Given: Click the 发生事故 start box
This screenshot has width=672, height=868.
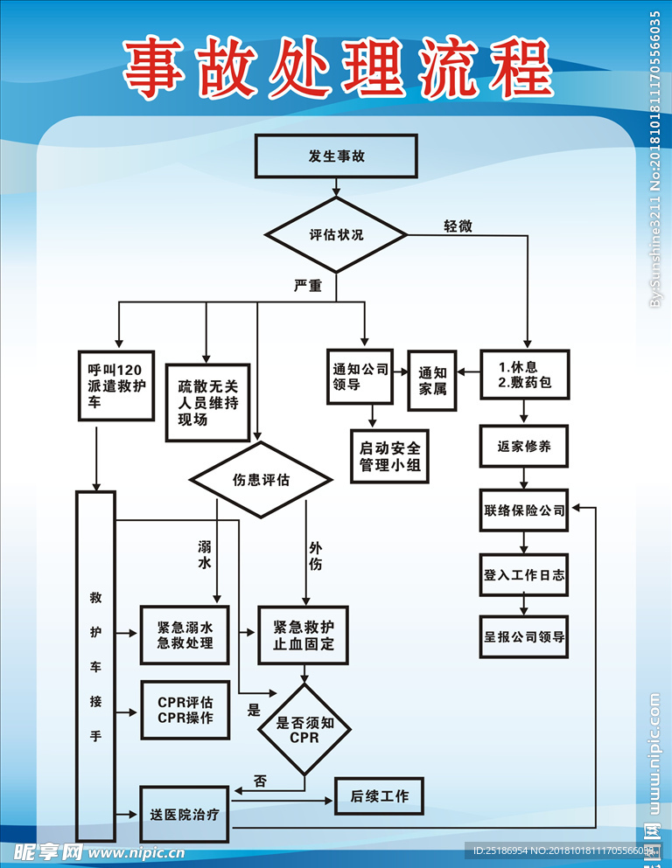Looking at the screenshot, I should (x=336, y=156).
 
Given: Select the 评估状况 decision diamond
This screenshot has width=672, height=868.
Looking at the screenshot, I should (x=336, y=234).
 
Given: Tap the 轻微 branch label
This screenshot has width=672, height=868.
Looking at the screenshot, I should (x=458, y=226).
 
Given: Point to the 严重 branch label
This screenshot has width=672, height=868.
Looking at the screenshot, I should (x=308, y=286).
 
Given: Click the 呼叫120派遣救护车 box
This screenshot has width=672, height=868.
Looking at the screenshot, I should (x=115, y=385).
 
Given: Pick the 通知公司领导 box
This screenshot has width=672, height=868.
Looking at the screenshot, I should (x=359, y=378).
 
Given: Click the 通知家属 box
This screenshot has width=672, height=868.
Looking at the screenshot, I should (x=432, y=380).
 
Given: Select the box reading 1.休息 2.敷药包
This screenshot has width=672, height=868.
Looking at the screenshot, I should (x=524, y=374).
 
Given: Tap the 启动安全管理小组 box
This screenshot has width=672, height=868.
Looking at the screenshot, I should (x=389, y=455).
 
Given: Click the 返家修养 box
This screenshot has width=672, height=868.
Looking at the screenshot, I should (x=524, y=447).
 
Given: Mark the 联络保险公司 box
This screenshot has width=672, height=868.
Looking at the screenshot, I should (x=524, y=510).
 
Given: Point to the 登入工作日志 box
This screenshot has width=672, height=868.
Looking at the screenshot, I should (x=524, y=575).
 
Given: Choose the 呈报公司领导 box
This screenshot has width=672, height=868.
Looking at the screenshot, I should (x=524, y=637).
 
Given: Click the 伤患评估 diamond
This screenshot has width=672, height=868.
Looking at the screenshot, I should (x=261, y=480).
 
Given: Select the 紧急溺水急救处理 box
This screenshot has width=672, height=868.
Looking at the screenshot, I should (x=185, y=635).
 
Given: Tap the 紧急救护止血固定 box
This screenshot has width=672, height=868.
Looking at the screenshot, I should (x=303, y=635).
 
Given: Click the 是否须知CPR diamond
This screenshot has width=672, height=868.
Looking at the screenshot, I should (x=303, y=729).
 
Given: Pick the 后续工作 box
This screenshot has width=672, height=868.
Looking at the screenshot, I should (x=379, y=796).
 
